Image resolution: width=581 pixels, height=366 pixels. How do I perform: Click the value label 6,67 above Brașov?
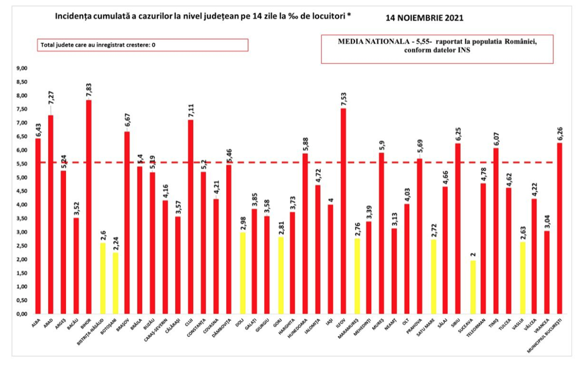click(127, 119)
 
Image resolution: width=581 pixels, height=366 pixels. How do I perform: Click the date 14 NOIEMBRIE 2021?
click(424, 17)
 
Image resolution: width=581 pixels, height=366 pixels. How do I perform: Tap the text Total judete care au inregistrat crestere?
click(94, 45)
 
